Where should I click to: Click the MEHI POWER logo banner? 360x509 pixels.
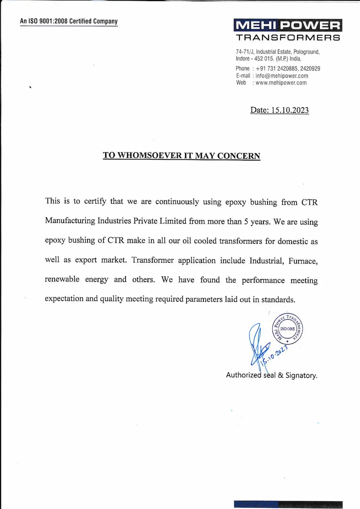(x=288, y=25)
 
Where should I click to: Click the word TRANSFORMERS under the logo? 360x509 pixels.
(x=288, y=37)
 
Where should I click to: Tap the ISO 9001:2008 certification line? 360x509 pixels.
(x=69, y=21)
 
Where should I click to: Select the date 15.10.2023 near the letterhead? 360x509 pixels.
(x=290, y=110)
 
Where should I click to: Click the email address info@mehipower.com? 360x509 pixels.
(x=282, y=76)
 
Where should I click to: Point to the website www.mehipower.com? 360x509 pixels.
(x=281, y=83)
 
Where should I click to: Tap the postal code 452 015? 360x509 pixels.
(x=264, y=59)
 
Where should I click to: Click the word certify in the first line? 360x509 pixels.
(x=95, y=201)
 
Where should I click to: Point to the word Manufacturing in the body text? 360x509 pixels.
(x=70, y=220)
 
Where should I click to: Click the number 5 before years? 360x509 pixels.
(x=246, y=221)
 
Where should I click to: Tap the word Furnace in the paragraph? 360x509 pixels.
(x=302, y=261)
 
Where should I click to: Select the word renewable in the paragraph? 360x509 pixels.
(x=62, y=279)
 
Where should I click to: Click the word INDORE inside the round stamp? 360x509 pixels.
(x=287, y=329)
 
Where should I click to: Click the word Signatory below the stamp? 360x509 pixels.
(x=301, y=375)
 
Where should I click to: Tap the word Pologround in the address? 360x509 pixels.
(x=306, y=52)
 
